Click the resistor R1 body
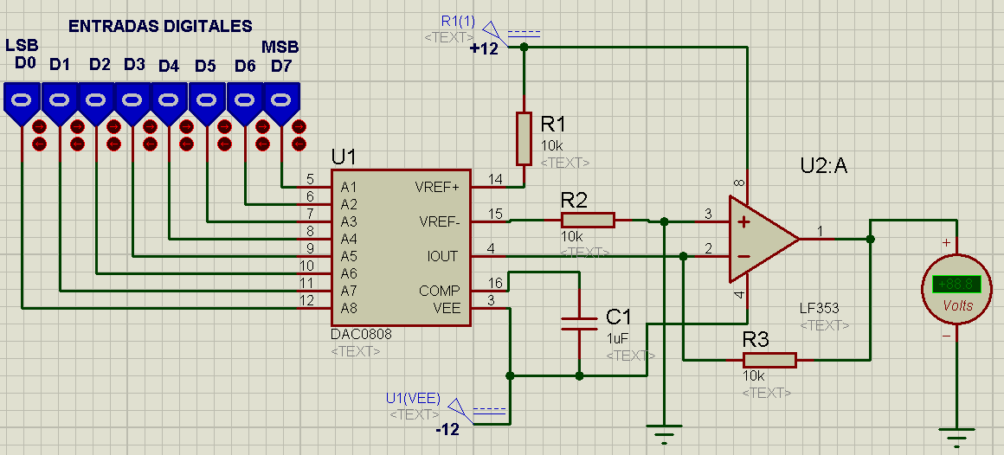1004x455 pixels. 524,138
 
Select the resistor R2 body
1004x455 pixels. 589,221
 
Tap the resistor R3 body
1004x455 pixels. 769,359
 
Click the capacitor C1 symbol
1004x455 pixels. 579,324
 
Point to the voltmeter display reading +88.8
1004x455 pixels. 956,285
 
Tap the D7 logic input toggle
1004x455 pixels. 281,101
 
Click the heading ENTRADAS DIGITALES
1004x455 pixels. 160,27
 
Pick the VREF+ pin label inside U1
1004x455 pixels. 438,187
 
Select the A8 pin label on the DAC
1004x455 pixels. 349,308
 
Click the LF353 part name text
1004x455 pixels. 820,308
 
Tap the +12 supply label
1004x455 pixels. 484,49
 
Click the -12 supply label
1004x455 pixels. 447,429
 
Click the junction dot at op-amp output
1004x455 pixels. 871,239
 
